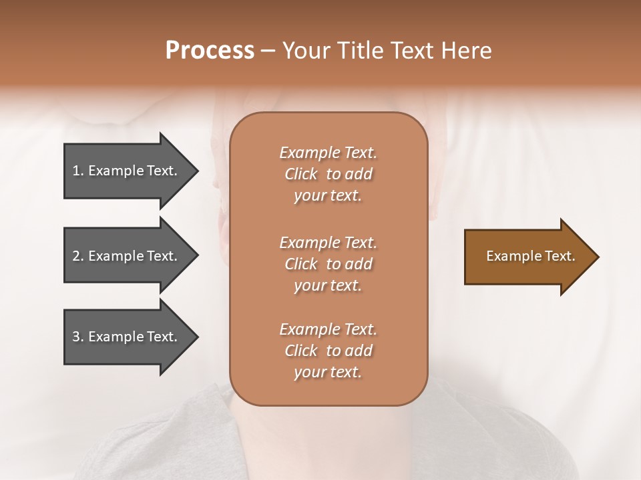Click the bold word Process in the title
210,51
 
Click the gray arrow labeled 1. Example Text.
127,171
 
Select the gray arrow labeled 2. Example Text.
127,256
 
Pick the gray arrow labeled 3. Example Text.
127,337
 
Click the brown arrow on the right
527,257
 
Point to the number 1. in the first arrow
78,171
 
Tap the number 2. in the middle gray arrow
78,256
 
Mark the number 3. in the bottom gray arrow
78,337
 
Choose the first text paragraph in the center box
328,174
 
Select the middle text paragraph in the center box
328,264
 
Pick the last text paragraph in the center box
328,351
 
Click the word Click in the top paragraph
301,174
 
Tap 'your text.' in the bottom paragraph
328,372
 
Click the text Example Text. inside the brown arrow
530,256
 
